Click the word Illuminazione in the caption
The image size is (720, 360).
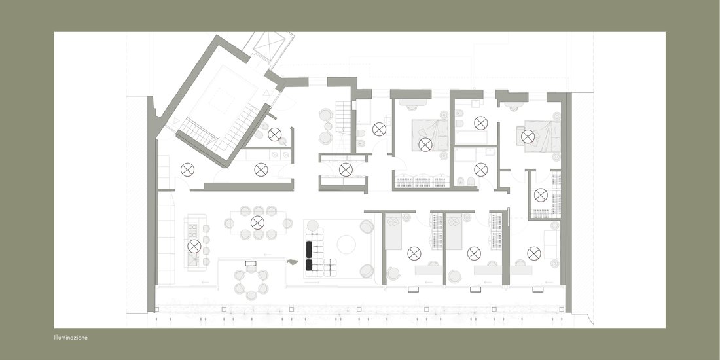(x=71, y=338)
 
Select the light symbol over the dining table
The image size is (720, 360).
(x=258, y=223)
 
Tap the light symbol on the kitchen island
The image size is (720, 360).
(x=194, y=246)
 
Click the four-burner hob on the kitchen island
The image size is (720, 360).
(x=193, y=229)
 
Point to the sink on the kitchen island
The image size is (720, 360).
(x=192, y=261)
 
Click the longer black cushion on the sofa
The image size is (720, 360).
(x=309, y=249)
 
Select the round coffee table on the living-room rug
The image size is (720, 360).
(x=346, y=244)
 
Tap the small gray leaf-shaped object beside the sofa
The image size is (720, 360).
(x=293, y=262)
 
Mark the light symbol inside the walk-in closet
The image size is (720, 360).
(x=541, y=194)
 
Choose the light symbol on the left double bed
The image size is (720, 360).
(x=425, y=145)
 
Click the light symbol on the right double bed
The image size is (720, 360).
(x=528, y=136)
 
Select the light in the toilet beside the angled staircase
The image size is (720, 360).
(x=275, y=135)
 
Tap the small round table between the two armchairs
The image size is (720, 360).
(x=328, y=126)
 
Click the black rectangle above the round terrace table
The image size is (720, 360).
(x=251, y=264)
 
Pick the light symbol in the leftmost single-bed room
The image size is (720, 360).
(x=414, y=253)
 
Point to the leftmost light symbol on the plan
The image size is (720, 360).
(x=187, y=170)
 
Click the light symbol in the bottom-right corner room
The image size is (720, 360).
(x=534, y=253)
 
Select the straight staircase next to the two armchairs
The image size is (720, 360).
(x=343, y=126)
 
